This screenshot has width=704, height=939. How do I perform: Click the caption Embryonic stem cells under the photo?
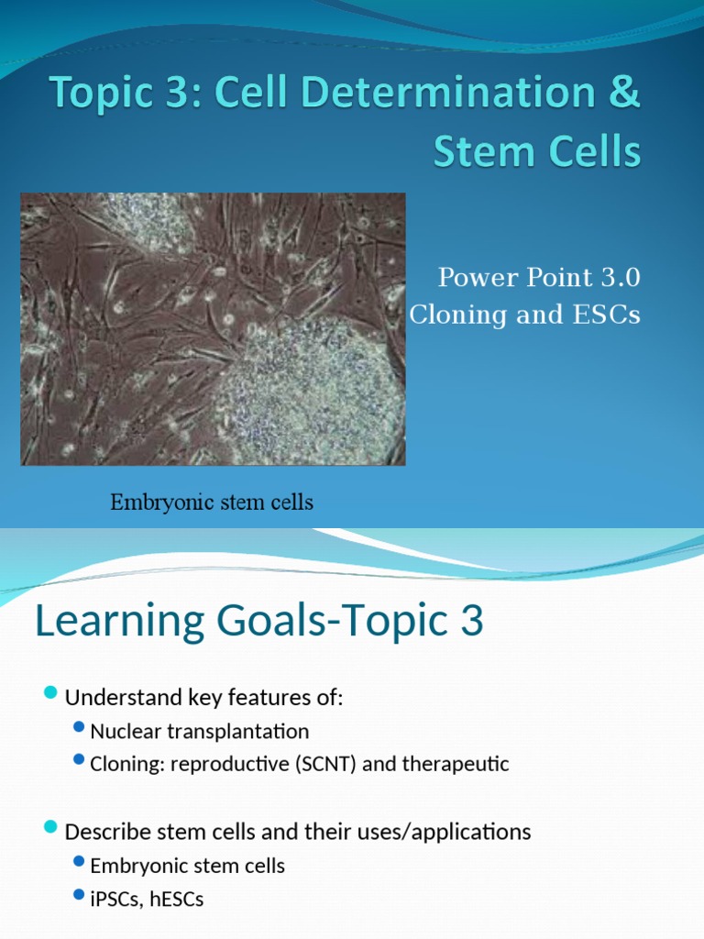(212, 503)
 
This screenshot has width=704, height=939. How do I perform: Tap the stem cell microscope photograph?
(213, 328)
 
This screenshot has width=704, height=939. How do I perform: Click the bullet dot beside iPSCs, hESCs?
(79, 897)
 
